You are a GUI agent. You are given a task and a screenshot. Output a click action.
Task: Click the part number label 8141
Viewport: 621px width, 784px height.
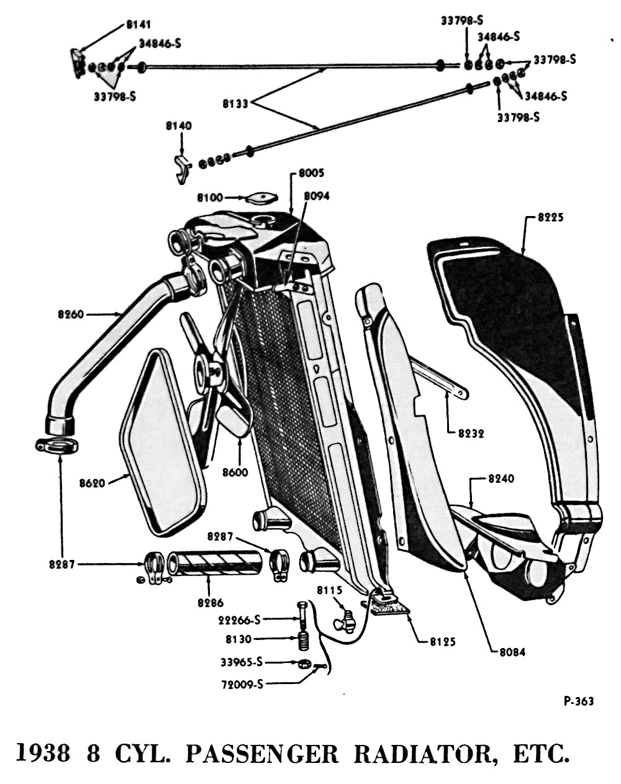138,25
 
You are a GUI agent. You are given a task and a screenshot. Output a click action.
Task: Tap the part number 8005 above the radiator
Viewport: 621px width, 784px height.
310,173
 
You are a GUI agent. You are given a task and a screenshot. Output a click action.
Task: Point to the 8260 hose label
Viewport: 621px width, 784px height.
70,315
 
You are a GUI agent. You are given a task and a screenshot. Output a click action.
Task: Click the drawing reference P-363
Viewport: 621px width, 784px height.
578,701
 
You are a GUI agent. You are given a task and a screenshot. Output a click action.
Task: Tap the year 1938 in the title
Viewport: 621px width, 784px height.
42,754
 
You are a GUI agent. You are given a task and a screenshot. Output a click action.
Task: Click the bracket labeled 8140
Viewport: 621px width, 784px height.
181,169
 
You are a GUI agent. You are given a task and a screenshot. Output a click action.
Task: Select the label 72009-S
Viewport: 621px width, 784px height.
242,685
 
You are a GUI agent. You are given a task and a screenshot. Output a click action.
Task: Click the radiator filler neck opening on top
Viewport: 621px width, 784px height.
266,220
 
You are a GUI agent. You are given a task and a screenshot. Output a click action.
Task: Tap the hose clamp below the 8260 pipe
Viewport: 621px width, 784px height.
57,445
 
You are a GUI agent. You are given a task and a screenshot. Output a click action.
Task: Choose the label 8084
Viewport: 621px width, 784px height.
512,652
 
